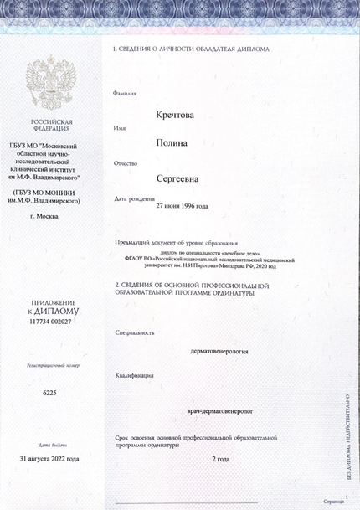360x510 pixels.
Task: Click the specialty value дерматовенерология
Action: [x=219, y=353]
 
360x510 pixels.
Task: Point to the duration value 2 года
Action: [x=221, y=460]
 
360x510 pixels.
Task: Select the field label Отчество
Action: [x=126, y=162]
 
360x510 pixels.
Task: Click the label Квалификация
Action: [x=135, y=376]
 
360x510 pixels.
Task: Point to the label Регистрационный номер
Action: [x=51, y=366]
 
